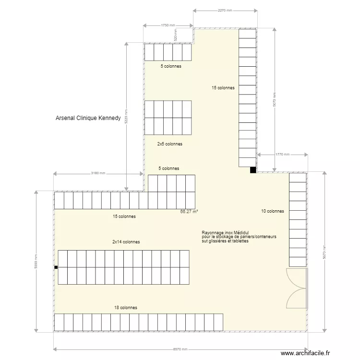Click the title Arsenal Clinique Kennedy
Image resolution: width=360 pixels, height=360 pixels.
point(88,118)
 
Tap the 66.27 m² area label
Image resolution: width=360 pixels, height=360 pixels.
point(189,211)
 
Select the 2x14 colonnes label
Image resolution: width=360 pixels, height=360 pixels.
point(126,242)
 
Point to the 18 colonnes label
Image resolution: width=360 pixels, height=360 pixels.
point(126,308)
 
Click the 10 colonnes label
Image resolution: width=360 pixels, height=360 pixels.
point(272,211)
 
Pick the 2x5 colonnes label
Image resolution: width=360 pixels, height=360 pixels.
point(170,144)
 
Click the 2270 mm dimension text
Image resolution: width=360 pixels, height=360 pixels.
point(225,10)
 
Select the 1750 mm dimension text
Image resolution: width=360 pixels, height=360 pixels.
point(168,25)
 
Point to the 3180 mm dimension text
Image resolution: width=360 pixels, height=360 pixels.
point(98,173)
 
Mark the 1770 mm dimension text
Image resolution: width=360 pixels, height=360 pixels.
point(283,155)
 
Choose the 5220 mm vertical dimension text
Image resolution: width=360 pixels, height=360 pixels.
point(126,116)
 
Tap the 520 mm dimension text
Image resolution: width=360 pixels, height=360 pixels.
point(176,36)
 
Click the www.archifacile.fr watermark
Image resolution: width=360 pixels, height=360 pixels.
point(306,353)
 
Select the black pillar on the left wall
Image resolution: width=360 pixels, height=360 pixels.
point(56,267)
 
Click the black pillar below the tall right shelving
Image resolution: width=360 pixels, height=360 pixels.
point(252,169)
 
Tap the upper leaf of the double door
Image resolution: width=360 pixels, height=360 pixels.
point(295,278)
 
